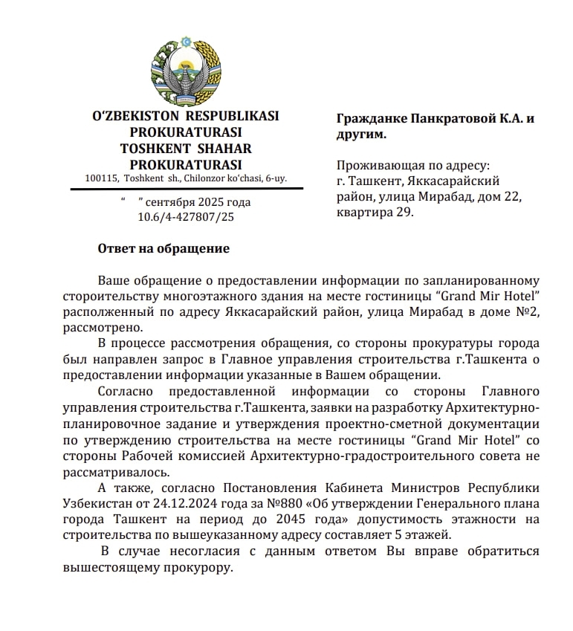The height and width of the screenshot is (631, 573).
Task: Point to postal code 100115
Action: [x=102, y=178]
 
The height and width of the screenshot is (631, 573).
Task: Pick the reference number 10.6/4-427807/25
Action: [x=185, y=217]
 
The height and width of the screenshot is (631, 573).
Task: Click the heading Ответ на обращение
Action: [x=164, y=249]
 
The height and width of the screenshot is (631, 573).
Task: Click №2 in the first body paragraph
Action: [x=528, y=312]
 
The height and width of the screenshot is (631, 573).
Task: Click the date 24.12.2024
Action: [x=183, y=504]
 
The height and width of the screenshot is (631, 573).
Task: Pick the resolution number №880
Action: [x=276, y=504]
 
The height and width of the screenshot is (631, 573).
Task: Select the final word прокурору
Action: [x=200, y=568]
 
